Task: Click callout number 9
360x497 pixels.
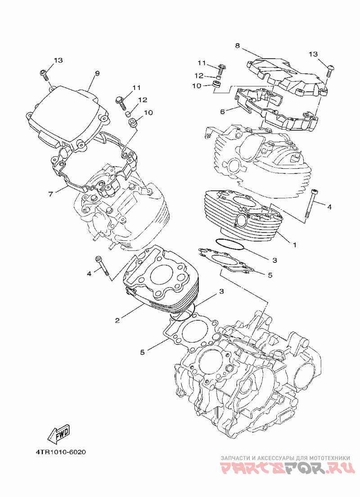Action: pyautogui.click(x=97, y=73)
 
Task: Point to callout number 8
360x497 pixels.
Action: pyautogui.click(x=237, y=45)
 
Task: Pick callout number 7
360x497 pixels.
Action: pyautogui.click(x=51, y=194)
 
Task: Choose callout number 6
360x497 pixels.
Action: pyautogui.click(x=222, y=112)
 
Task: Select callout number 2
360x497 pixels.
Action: pyautogui.click(x=117, y=320)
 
